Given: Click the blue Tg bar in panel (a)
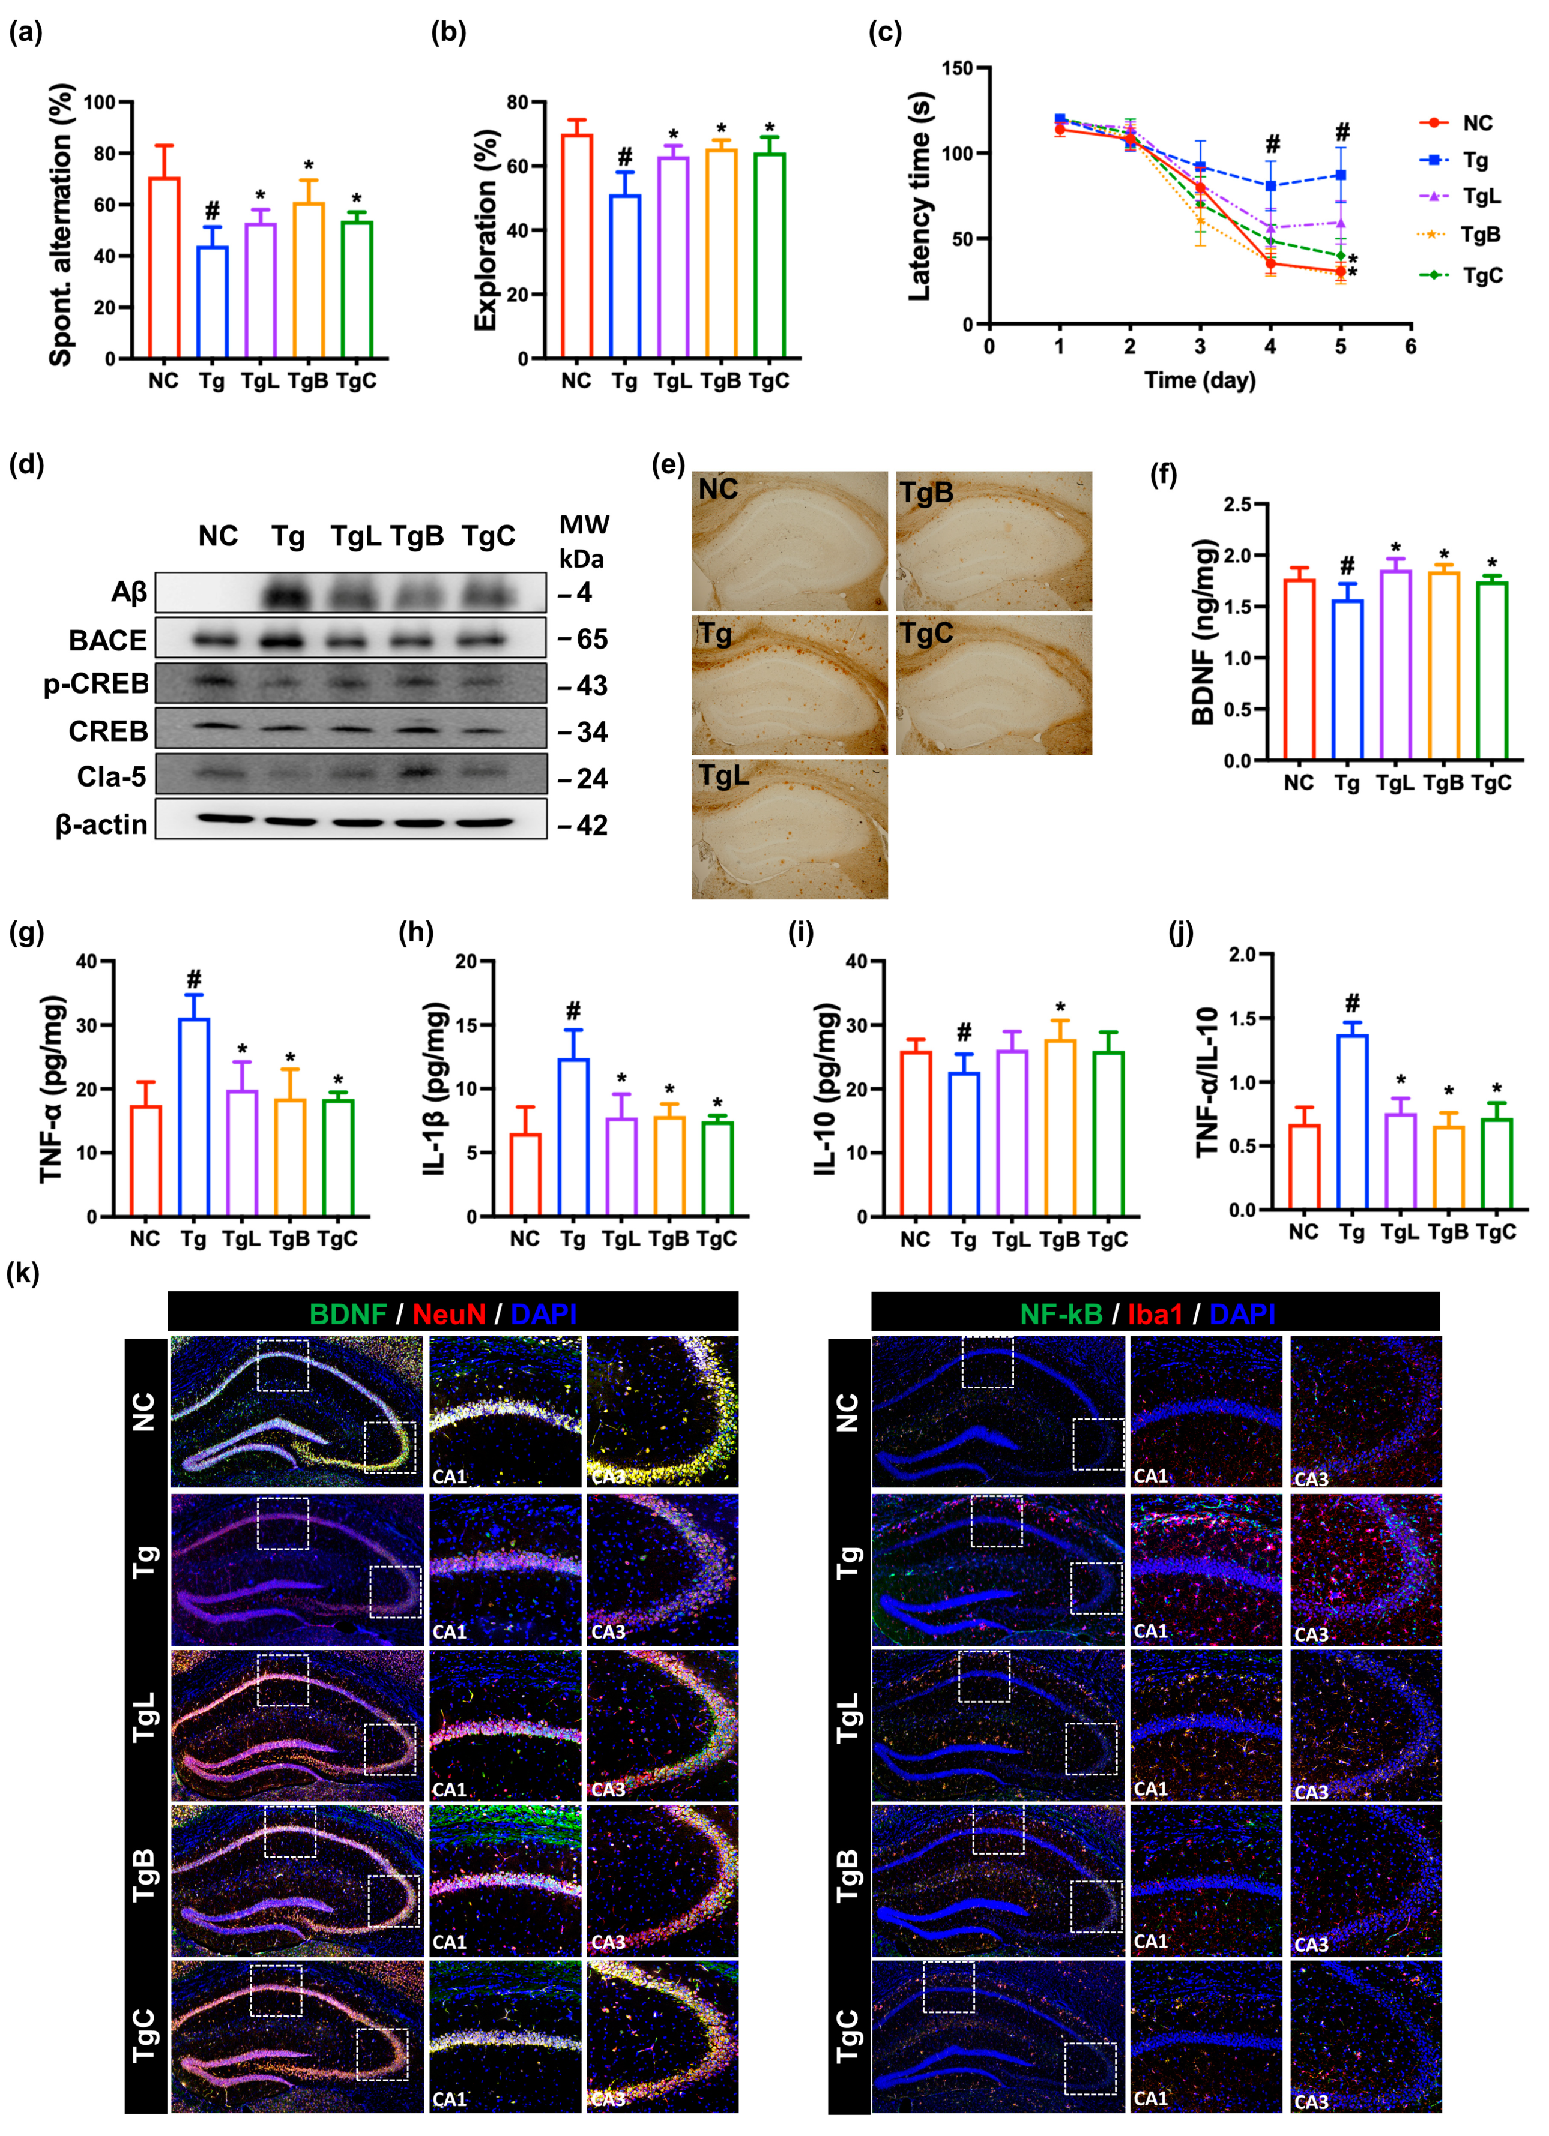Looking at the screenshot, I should click(x=212, y=301).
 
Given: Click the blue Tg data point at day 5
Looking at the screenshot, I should click(x=1341, y=175).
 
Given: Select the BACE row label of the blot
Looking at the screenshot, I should click(x=107, y=640).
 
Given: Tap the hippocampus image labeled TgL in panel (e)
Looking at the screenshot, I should click(x=790, y=829).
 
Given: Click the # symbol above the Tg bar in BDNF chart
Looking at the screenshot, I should click(x=1347, y=566).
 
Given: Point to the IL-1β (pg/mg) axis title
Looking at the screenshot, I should click(x=435, y=1088).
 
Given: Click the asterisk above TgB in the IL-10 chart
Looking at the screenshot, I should click(x=1060, y=1008).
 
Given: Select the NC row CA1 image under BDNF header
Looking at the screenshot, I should click(x=505, y=1411).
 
